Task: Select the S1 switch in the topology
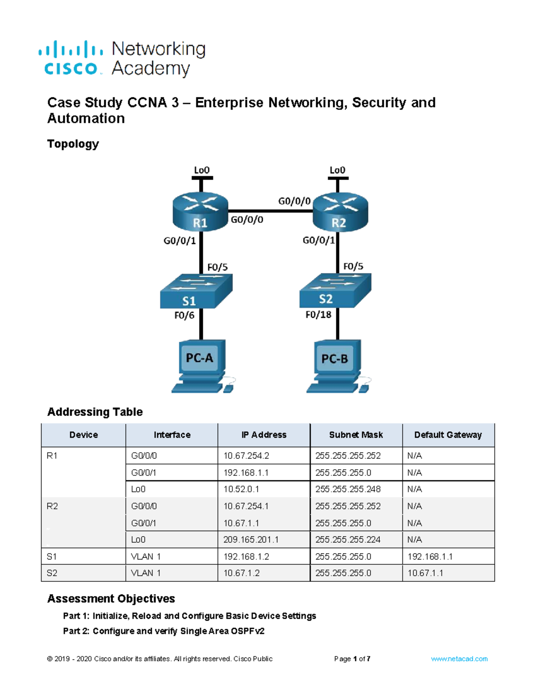pyautogui.click(x=196, y=291)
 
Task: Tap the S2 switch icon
pyautogui.click(x=335, y=290)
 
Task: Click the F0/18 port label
pyautogui.click(x=318, y=315)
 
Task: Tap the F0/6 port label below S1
pyautogui.click(x=184, y=315)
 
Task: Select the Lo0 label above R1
pyautogui.click(x=201, y=170)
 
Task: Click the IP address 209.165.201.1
pyautogui.click(x=251, y=540)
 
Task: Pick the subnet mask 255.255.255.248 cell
pyautogui.click(x=348, y=489)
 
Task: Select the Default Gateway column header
pyautogui.click(x=448, y=435)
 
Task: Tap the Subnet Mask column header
pyautogui.click(x=356, y=435)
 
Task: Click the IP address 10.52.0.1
pyautogui.click(x=241, y=489)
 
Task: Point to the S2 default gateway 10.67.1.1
pyautogui.click(x=425, y=573)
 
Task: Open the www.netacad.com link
pyautogui.click(x=459, y=659)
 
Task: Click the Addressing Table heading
pyautogui.click(x=95, y=412)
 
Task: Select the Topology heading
pyautogui.click(x=73, y=144)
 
